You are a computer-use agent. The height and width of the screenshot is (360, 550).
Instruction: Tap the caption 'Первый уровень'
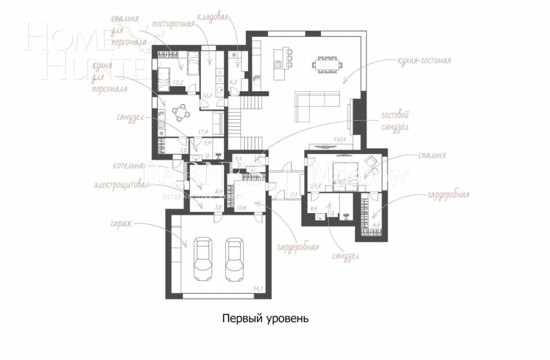[265, 318]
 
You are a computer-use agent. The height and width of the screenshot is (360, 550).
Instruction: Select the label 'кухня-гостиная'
[424, 61]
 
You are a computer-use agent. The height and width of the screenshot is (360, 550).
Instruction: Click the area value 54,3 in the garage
[259, 288]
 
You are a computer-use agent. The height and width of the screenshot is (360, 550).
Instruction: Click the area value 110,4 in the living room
[340, 139]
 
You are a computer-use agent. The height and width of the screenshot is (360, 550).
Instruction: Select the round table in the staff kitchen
[181, 112]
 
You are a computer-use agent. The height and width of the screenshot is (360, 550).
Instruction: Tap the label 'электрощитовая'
[121, 186]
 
